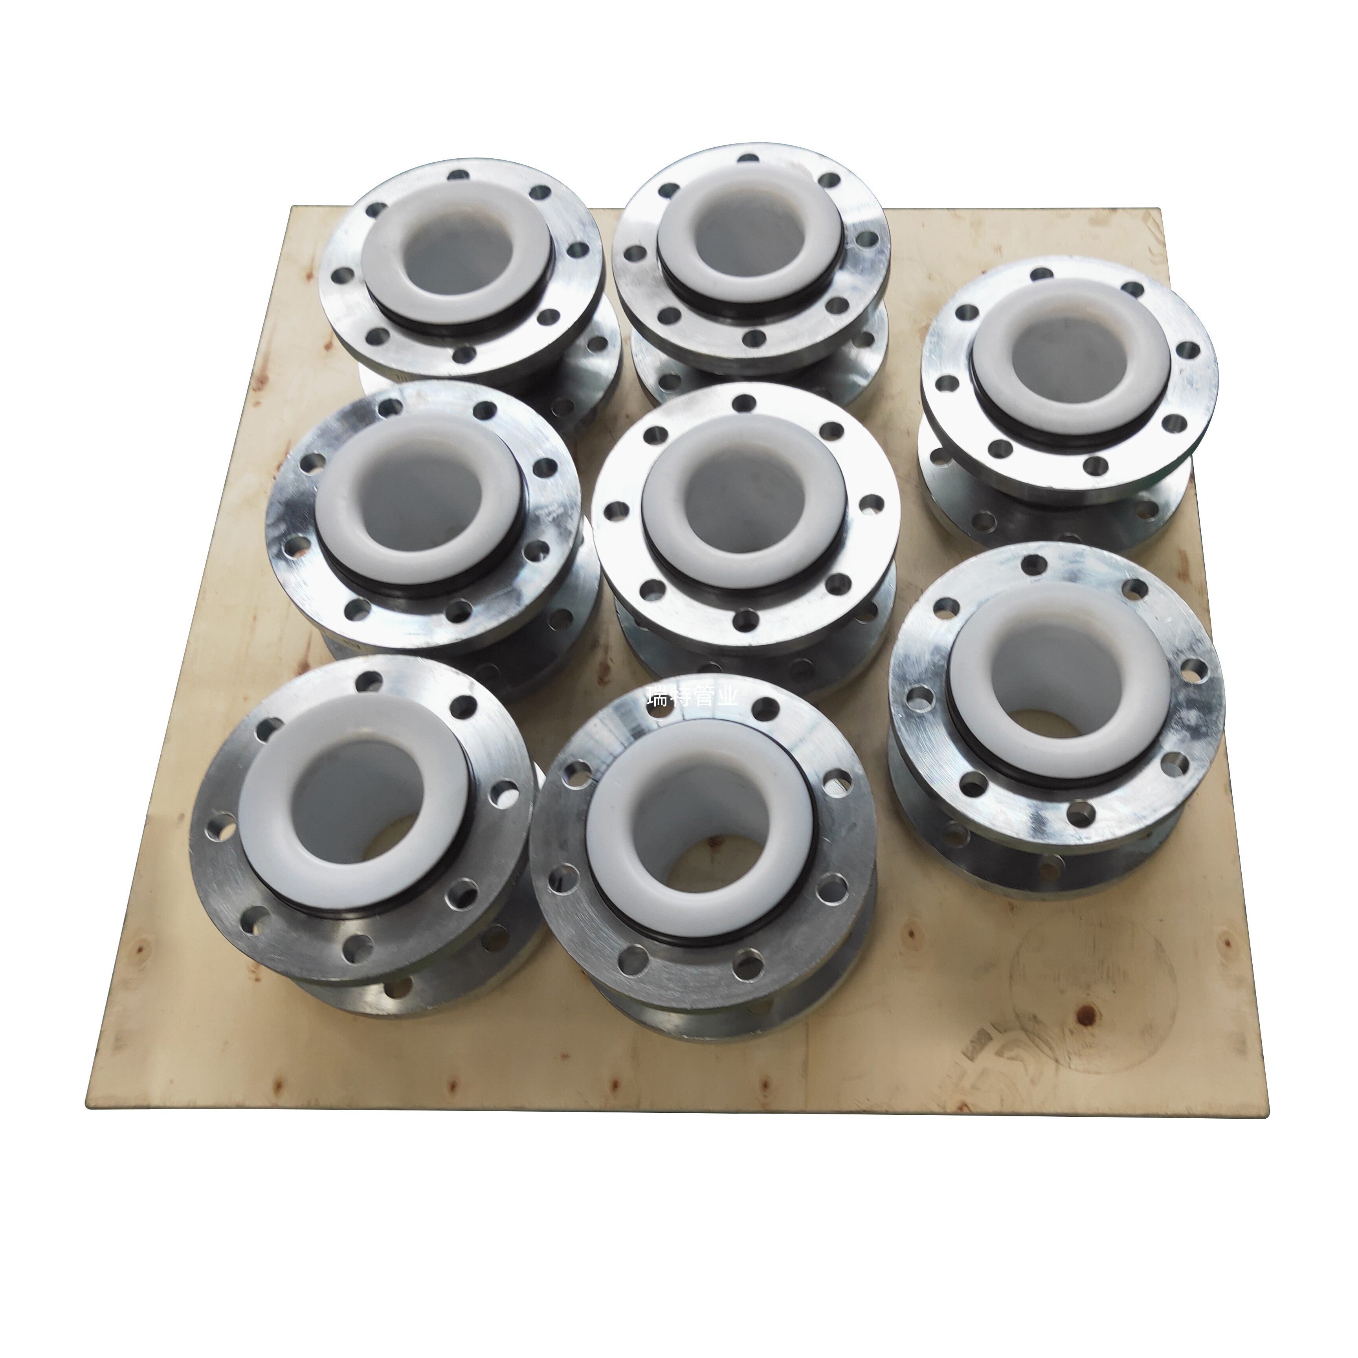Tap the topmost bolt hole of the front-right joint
1033,564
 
